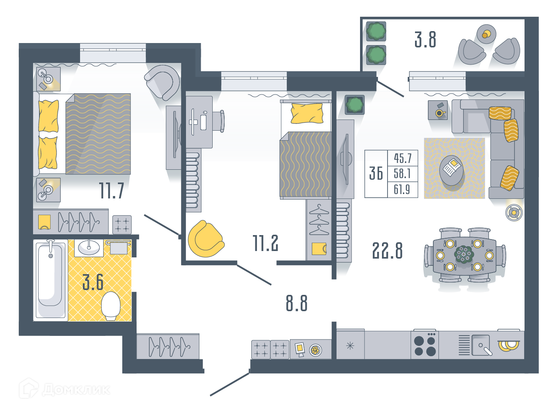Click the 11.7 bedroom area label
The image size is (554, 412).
(112, 190)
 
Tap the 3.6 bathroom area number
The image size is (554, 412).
(93, 282)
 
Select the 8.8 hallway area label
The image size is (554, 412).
(296, 303)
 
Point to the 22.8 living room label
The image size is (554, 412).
(387, 251)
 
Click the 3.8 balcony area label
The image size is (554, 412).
(425, 39)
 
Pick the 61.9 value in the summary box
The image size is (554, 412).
(402, 189)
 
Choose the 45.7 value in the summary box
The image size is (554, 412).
(403, 158)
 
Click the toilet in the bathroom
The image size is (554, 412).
(111, 306)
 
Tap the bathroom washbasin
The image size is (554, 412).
(89, 247)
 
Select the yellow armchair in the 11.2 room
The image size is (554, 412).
(206, 239)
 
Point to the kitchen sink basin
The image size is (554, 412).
(480, 345)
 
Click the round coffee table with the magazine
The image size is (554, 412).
(451, 171)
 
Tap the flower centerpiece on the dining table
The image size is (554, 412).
(464, 254)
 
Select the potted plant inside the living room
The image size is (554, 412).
(355, 105)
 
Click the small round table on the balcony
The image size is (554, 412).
(486, 34)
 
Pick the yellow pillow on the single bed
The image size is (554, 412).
(307, 113)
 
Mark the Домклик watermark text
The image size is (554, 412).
(76, 390)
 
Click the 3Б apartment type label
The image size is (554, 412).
(376, 173)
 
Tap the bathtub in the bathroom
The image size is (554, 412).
(50, 280)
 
